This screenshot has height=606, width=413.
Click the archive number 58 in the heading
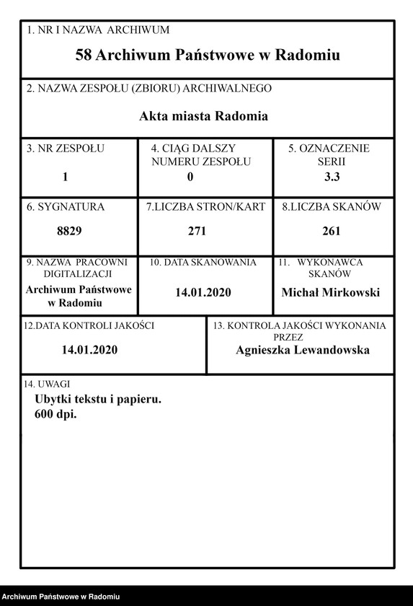[83, 55]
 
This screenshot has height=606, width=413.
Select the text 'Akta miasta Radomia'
[204, 115]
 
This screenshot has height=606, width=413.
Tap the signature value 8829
[69, 232]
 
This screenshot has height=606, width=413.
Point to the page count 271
[197, 232]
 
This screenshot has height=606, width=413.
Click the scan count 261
[332, 232]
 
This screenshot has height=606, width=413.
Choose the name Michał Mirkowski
[330, 292]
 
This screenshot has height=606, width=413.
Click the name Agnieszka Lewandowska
[303, 350]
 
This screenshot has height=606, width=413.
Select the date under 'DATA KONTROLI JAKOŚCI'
[89, 350]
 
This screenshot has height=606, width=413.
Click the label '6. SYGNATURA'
[66, 207]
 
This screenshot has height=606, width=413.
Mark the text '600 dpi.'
[55, 415]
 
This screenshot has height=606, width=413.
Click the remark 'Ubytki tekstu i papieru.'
[97, 399]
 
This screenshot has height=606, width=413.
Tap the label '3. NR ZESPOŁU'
[66, 149]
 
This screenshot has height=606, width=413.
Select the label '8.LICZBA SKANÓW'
[331, 207]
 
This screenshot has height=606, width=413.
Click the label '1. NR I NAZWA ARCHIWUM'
[97, 30]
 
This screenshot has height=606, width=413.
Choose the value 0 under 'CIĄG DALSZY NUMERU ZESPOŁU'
[190, 176]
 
